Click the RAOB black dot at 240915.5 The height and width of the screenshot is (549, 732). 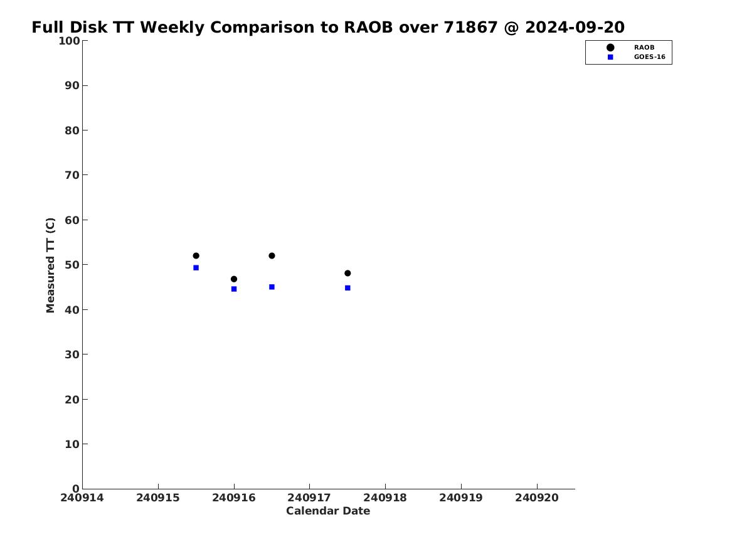pos(196,256)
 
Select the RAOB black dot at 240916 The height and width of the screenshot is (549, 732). pos(234,279)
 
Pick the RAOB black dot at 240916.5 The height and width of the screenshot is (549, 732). pos(272,256)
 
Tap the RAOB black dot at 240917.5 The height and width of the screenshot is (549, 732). pos(347,273)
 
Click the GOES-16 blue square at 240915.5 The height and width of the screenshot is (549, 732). pos(196,268)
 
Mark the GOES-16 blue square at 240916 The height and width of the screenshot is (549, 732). pos(234,289)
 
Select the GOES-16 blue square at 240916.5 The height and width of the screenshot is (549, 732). pos(272,287)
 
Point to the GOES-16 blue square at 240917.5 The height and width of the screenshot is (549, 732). pos(347,288)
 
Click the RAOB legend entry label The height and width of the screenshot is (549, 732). pos(644,48)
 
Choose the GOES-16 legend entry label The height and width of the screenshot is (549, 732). pos(650,57)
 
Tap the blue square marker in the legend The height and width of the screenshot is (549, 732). pos(610,57)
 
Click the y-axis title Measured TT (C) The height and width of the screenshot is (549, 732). pos(50,265)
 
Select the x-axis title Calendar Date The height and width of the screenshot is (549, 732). pos(328,511)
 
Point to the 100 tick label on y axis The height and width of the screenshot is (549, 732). pos(69,41)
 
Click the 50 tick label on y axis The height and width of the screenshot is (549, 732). pos(72,265)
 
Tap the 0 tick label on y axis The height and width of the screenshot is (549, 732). pos(76,489)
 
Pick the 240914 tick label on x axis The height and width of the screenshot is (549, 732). pos(82,498)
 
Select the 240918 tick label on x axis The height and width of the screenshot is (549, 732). pos(385,498)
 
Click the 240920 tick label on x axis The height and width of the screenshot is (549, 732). pos(537,498)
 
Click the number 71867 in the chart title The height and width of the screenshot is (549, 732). pos(470,28)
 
